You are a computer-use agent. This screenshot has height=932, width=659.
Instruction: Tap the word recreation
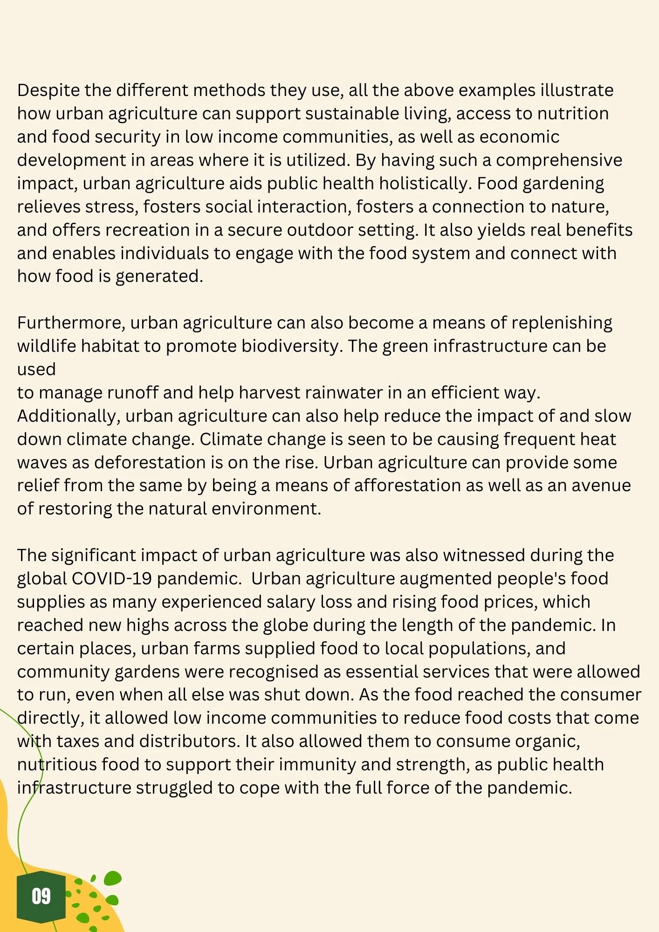pos(161,230)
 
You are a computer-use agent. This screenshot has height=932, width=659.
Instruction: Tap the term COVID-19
pos(111,578)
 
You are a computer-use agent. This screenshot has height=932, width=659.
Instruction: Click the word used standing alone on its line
pos(36,369)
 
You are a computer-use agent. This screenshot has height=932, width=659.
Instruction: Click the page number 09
pos(41,896)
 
